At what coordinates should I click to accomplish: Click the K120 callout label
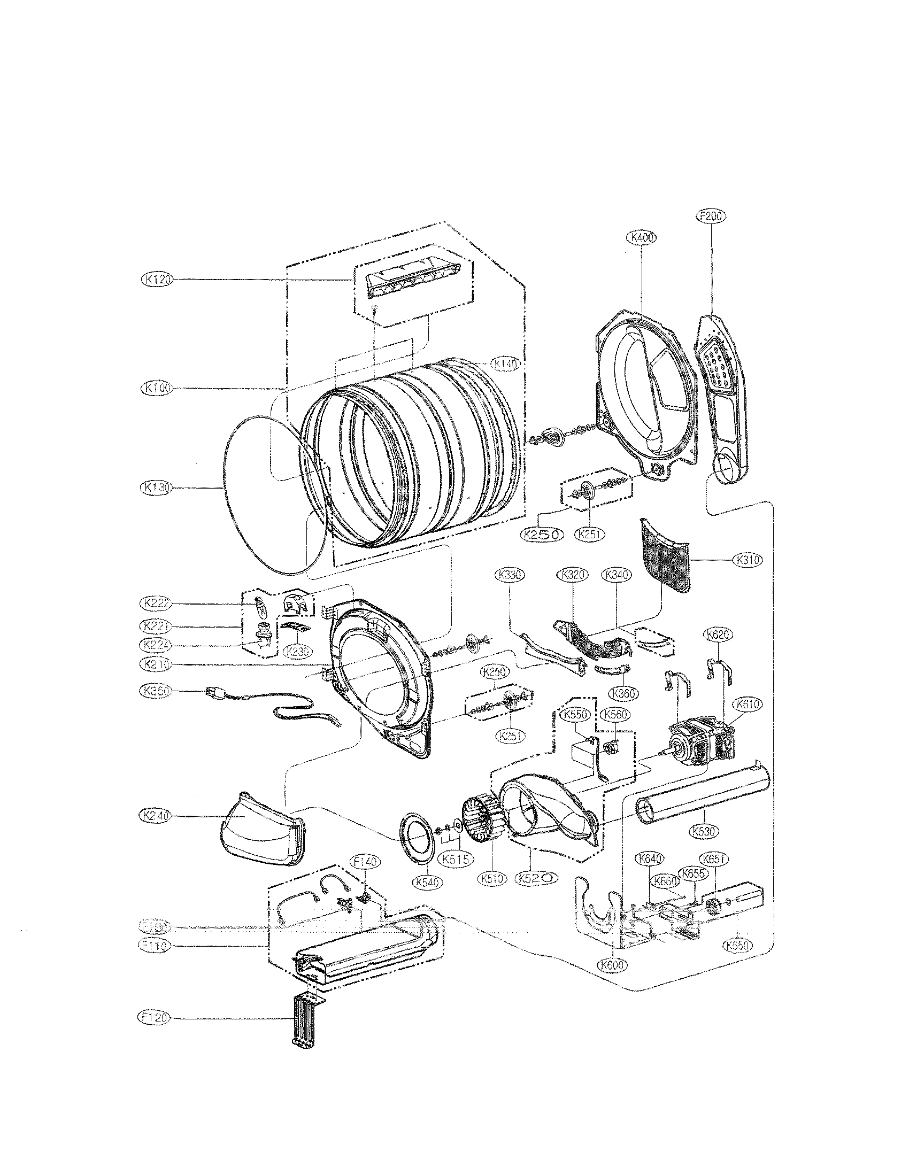click(155, 279)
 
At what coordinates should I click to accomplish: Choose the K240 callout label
click(155, 816)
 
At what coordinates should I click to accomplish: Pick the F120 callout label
click(153, 1017)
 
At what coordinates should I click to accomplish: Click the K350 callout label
click(155, 691)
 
